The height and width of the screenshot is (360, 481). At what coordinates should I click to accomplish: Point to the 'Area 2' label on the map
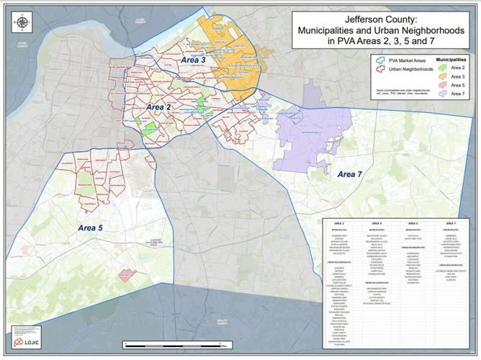pyautogui.click(x=158, y=107)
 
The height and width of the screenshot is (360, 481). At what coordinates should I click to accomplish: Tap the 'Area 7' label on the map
pyautogui.click(x=349, y=174)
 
